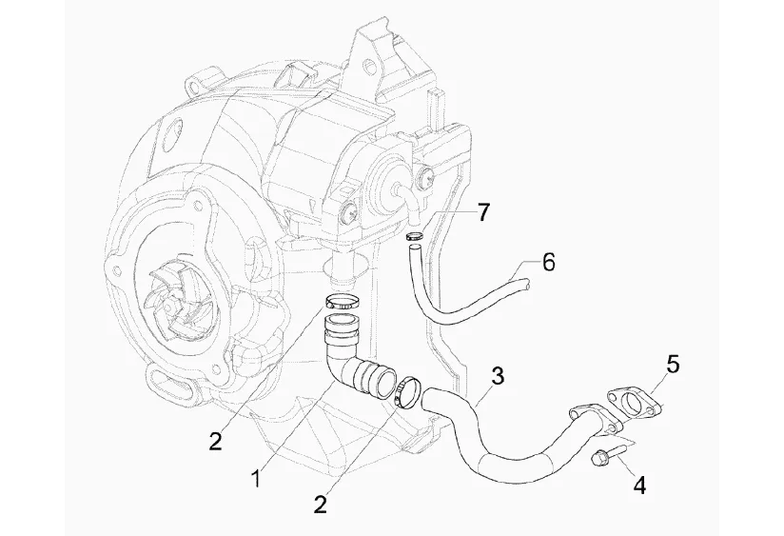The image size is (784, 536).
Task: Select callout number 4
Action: point(639,486)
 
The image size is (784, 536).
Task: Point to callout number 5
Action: point(674,363)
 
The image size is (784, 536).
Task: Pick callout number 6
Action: point(548,261)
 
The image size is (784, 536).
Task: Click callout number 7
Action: point(483,211)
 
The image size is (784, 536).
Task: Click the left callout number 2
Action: point(217,441)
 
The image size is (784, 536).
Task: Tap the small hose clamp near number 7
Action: point(414,236)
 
